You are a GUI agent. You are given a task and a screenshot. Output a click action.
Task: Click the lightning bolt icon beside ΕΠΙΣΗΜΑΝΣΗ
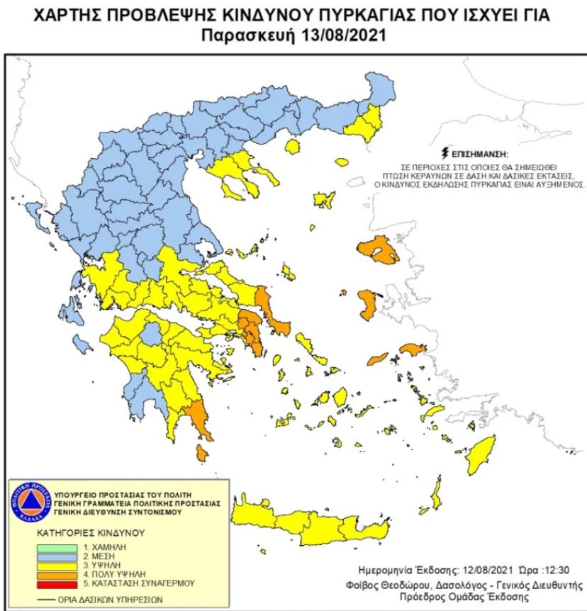445,152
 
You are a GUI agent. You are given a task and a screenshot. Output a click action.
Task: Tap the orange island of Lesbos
378,251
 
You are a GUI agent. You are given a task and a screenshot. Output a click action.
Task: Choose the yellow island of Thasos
291,147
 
